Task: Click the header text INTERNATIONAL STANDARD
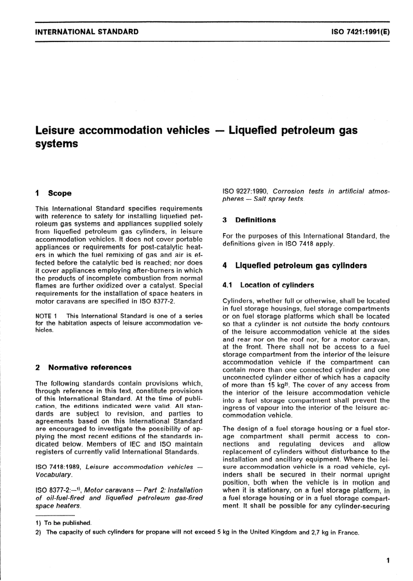(87, 32)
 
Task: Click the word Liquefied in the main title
(253, 130)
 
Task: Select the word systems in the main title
(56, 144)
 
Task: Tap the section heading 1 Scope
(53, 193)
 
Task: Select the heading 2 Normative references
(83, 367)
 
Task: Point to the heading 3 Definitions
(249, 220)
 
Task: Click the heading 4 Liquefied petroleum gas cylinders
(294, 266)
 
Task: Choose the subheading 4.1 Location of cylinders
(268, 285)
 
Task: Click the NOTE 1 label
(46, 316)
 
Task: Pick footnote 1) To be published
(63, 523)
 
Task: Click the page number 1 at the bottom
(388, 561)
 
